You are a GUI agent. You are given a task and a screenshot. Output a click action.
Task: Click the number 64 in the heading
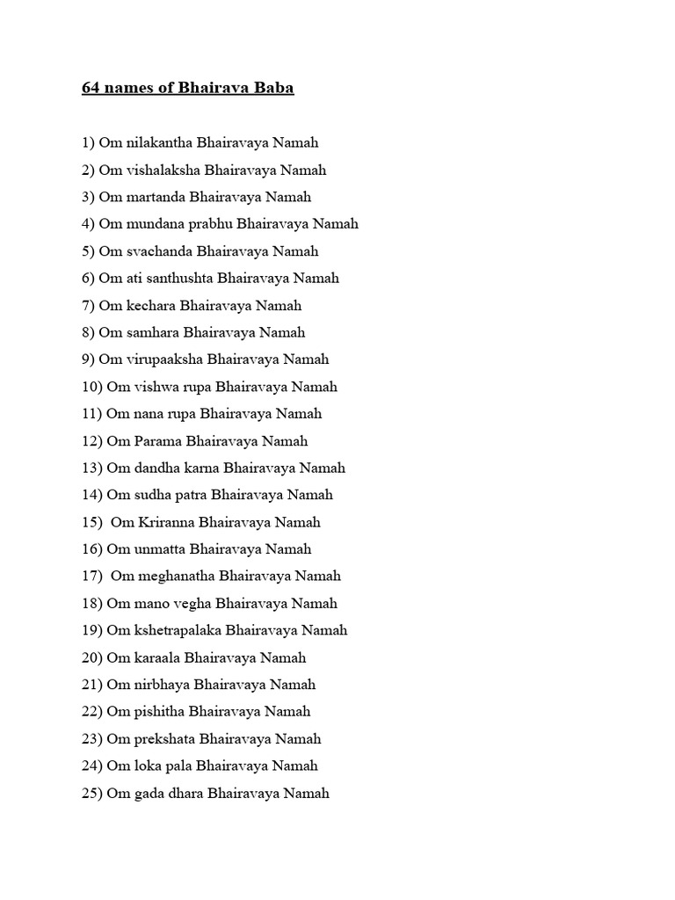[91, 89]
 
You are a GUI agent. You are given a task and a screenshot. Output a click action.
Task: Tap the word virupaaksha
[162, 359]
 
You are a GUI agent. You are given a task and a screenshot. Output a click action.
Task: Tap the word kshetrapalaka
[176, 630]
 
